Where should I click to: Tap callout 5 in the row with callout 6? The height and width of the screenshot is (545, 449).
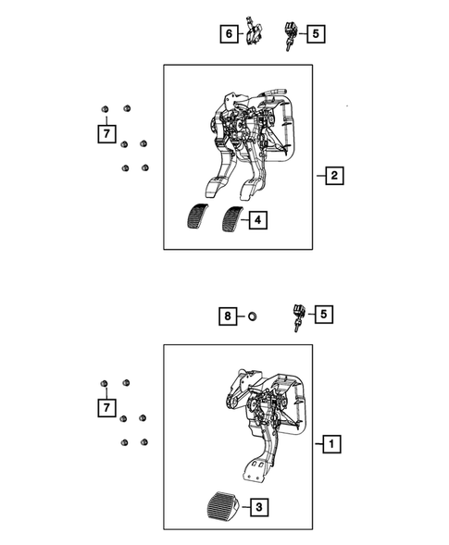click(x=316, y=34)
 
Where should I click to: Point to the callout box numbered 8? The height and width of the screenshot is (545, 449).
click(x=227, y=316)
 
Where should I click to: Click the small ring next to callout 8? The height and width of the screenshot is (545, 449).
click(x=250, y=316)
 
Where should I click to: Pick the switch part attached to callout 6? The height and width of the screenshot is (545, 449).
click(x=255, y=33)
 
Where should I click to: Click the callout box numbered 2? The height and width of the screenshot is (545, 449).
click(x=334, y=175)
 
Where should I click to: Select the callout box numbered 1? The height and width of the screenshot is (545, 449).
click(x=331, y=444)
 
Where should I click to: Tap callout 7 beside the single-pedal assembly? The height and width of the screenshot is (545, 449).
click(x=107, y=406)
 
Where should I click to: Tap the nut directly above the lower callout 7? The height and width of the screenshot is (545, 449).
click(x=106, y=383)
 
